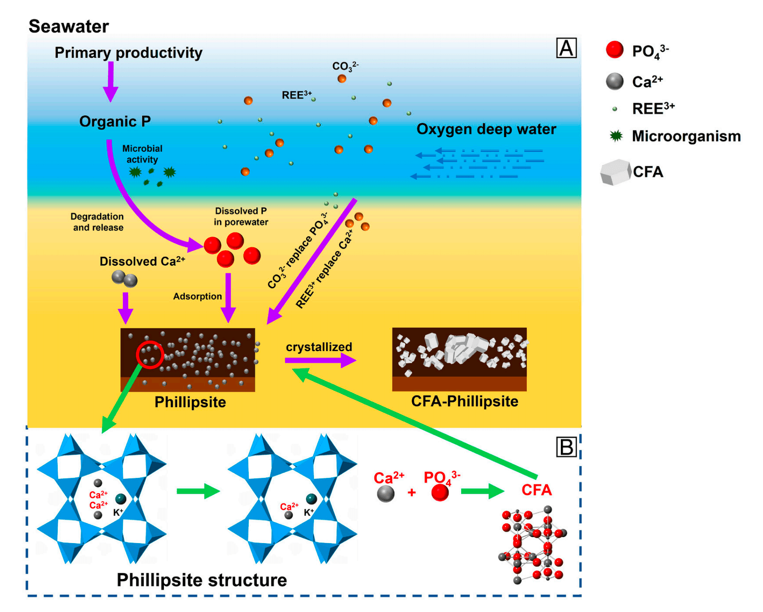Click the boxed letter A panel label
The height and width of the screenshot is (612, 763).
(x=566, y=48)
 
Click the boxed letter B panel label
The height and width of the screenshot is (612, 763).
(x=566, y=447)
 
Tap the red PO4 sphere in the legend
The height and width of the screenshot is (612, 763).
(x=615, y=50)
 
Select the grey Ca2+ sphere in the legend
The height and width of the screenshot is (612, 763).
(x=615, y=82)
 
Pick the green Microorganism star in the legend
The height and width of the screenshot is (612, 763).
(x=616, y=136)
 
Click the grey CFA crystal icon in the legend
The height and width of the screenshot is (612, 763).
(x=615, y=172)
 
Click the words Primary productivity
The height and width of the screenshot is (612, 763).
(x=129, y=53)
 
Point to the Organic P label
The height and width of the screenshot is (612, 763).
(x=115, y=122)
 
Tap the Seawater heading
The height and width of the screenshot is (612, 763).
(x=68, y=27)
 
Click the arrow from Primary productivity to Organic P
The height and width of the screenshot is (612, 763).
(x=111, y=82)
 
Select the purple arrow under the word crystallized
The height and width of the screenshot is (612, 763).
(x=320, y=360)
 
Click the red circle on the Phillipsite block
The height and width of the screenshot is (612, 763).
(x=150, y=355)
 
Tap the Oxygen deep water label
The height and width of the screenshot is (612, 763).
(x=486, y=129)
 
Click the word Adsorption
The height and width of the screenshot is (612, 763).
(x=198, y=296)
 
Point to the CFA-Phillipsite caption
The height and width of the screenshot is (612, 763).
(x=464, y=401)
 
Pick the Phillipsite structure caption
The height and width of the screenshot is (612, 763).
(x=202, y=580)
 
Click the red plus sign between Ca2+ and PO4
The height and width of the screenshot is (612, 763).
(x=412, y=492)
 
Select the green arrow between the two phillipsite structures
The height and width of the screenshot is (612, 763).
(x=198, y=491)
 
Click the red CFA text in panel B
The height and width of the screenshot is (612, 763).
(x=537, y=490)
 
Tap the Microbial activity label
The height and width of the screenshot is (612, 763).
(x=142, y=154)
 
